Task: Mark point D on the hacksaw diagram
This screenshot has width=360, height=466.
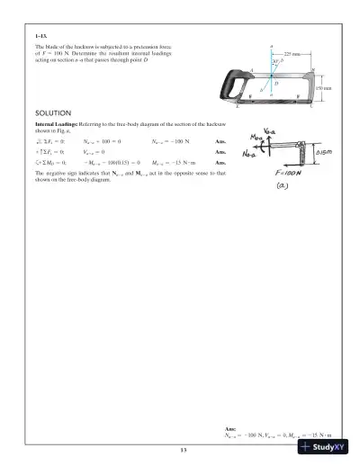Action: coord(274,84)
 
